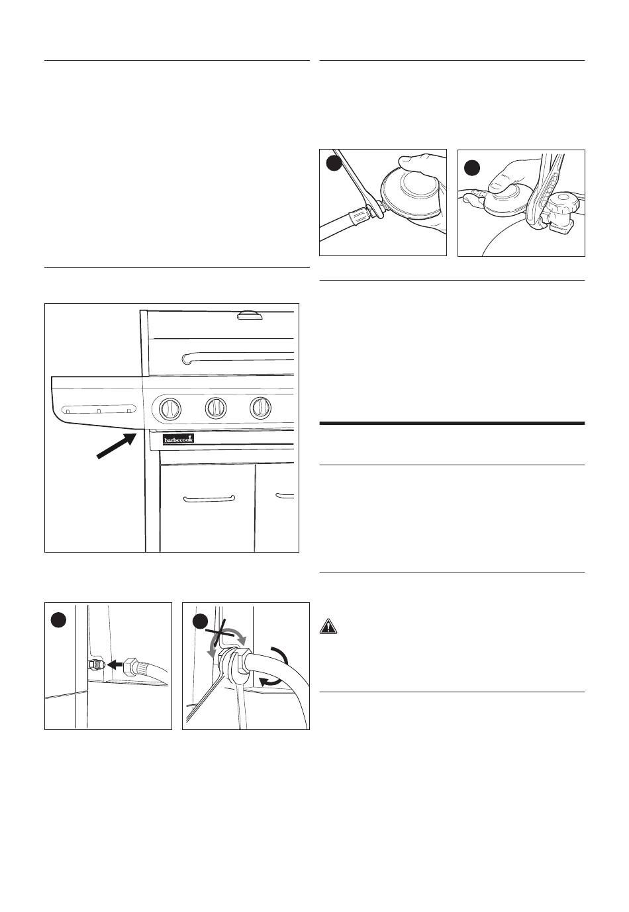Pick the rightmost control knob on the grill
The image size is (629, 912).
(260, 408)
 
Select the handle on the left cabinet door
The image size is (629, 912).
(209, 498)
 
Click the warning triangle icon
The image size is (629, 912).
(328, 625)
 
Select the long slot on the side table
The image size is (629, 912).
(99, 409)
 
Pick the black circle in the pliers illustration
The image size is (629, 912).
(471, 167)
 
